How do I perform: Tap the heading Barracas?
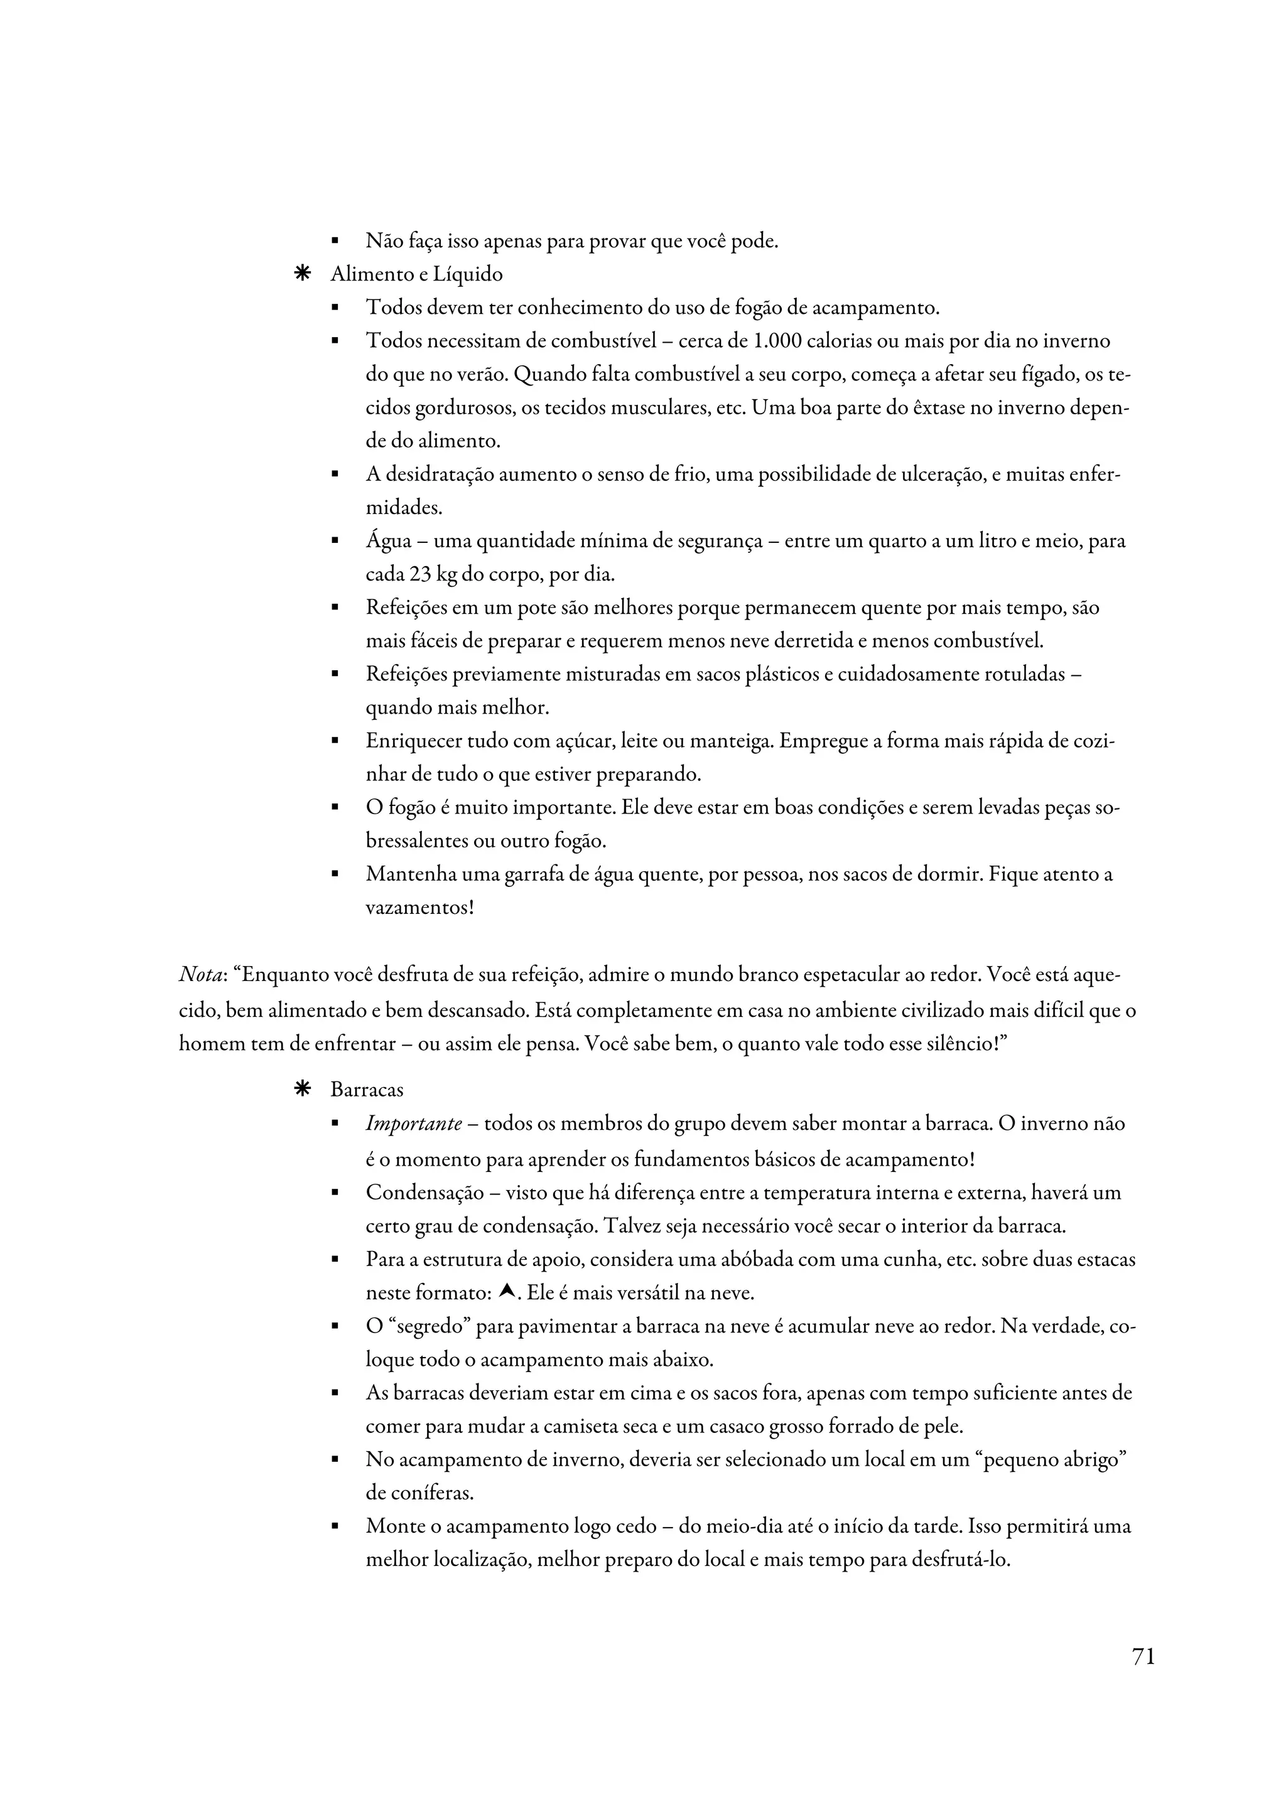click(x=367, y=1090)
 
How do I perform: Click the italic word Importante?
click(x=414, y=1124)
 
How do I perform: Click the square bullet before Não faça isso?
click(x=335, y=241)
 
